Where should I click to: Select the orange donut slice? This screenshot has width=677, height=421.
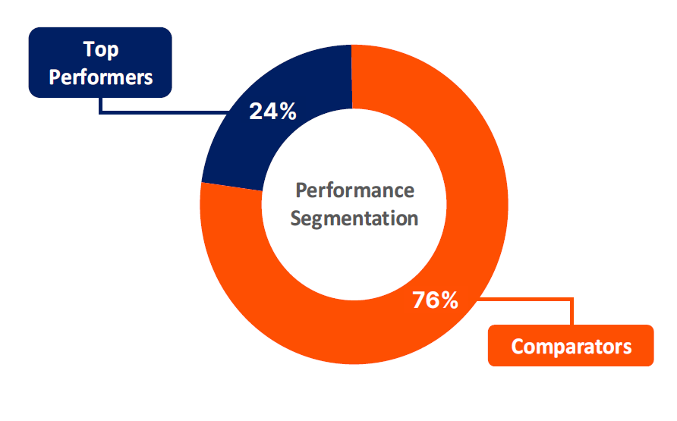(471, 241)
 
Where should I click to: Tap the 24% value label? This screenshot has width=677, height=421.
(273, 112)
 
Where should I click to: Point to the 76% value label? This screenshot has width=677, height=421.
(435, 300)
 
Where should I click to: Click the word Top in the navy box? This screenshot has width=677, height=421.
(101, 49)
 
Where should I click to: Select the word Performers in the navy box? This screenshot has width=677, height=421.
(101, 77)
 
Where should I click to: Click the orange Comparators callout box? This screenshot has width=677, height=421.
(571, 345)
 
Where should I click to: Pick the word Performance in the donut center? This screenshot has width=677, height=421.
(354, 190)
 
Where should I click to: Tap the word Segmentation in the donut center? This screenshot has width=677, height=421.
(354, 218)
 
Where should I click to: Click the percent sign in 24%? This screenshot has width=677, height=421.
(288, 112)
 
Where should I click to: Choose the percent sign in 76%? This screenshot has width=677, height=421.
(449, 300)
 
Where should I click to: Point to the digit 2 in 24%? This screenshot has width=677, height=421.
(256, 112)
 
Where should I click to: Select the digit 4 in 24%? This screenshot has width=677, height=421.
(271, 112)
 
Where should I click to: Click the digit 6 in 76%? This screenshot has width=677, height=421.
(433, 300)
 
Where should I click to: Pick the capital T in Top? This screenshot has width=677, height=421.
(89, 49)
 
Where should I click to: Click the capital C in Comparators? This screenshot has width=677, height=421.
(518, 347)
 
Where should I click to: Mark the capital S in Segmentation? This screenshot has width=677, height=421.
(295, 218)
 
